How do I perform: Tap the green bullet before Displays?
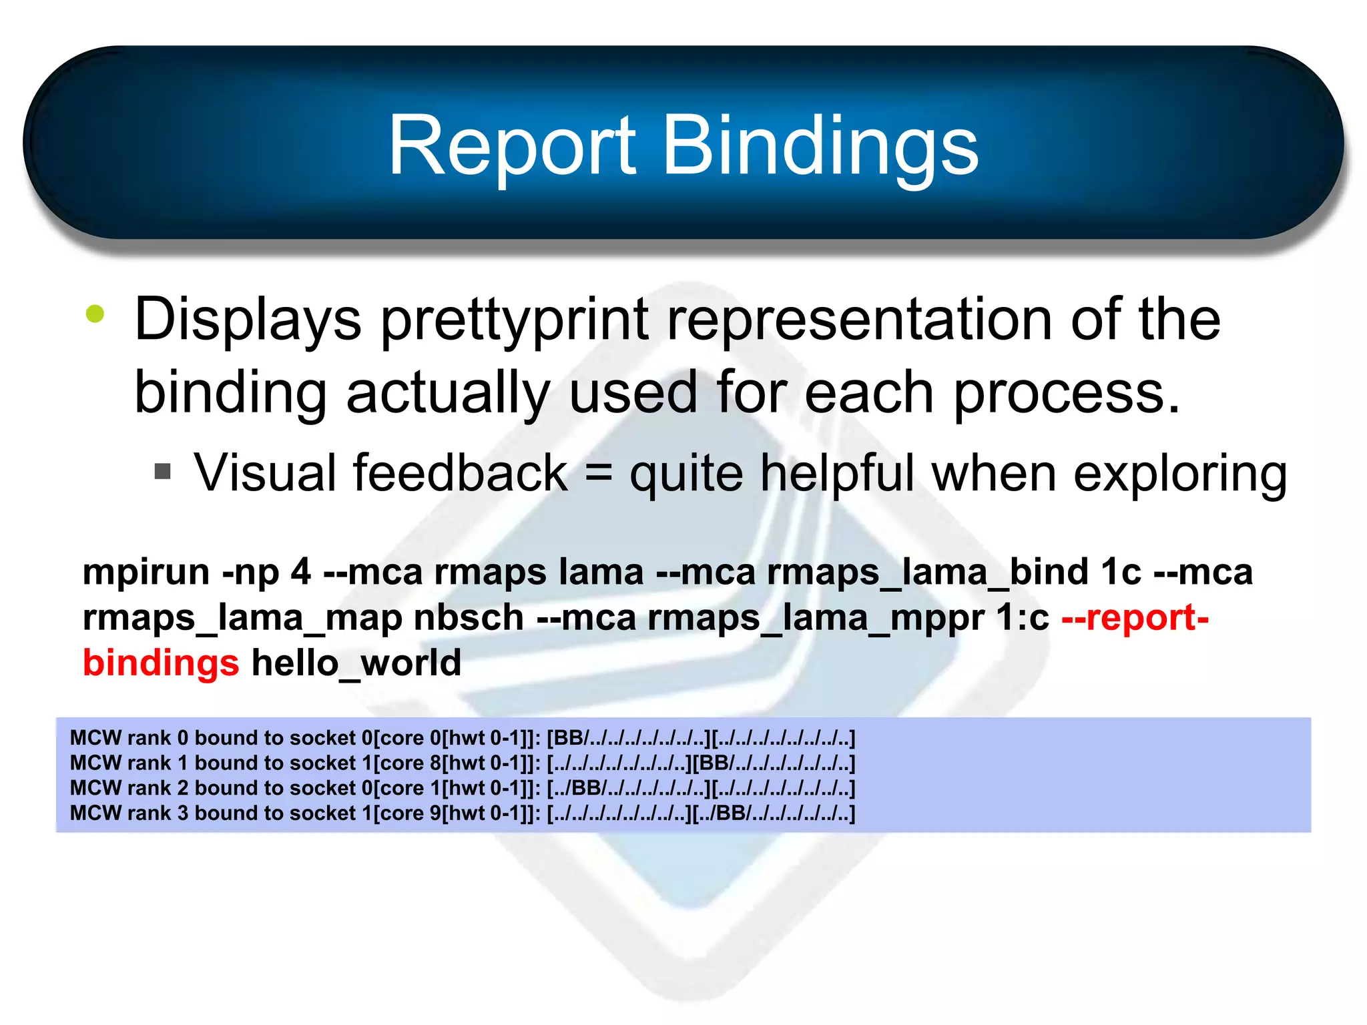click(95, 314)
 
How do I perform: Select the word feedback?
click(461, 472)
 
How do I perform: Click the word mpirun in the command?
click(146, 573)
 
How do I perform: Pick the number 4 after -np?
click(300, 573)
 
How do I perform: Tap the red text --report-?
click(1135, 618)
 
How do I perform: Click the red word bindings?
click(161, 663)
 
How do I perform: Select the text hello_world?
click(356, 663)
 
